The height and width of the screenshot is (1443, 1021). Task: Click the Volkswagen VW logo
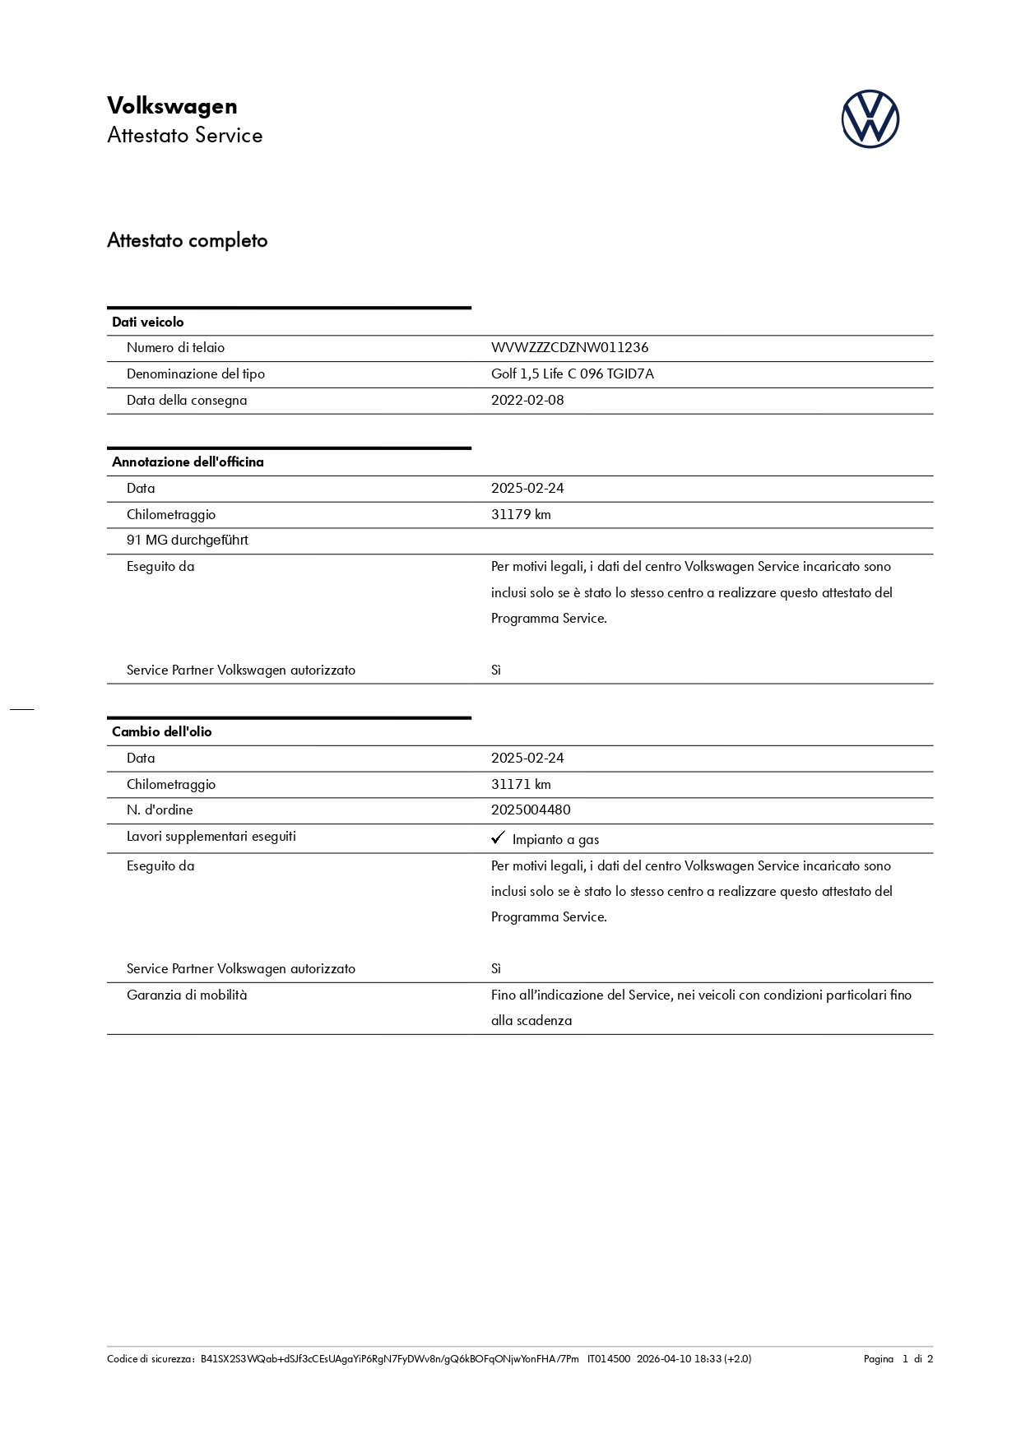[x=870, y=119]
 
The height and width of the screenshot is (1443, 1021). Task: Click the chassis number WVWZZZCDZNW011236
[x=569, y=347]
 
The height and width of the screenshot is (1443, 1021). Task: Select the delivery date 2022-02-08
[x=527, y=400]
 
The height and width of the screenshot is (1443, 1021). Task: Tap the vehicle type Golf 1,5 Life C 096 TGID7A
[x=572, y=374]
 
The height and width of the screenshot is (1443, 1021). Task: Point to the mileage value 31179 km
[x=521, y=514]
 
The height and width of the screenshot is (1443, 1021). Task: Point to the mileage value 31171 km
[x=521, y=784]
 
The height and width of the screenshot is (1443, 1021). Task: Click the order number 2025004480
[x=531, y=810]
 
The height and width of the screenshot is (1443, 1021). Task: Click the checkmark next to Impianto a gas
[x=498, y=837]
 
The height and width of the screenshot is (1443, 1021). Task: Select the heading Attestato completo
[x=187, y=240]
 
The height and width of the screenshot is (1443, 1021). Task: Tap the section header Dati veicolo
[x=148, y=322]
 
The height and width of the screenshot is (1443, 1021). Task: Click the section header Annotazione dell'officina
[x=188, y=462]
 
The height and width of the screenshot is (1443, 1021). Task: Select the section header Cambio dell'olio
[x=161, y=731]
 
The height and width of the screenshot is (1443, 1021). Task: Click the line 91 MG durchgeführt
[x=187, y=540]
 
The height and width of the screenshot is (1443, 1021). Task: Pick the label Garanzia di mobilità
[x=187, y=995]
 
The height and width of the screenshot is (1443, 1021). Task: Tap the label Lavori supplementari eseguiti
[x=211, y=836]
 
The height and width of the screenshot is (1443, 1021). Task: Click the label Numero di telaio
[x=175, y=347]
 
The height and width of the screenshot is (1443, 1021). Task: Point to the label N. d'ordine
[x=160, y=810]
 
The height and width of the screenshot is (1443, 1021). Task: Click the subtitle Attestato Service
[x=184, y=135]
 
